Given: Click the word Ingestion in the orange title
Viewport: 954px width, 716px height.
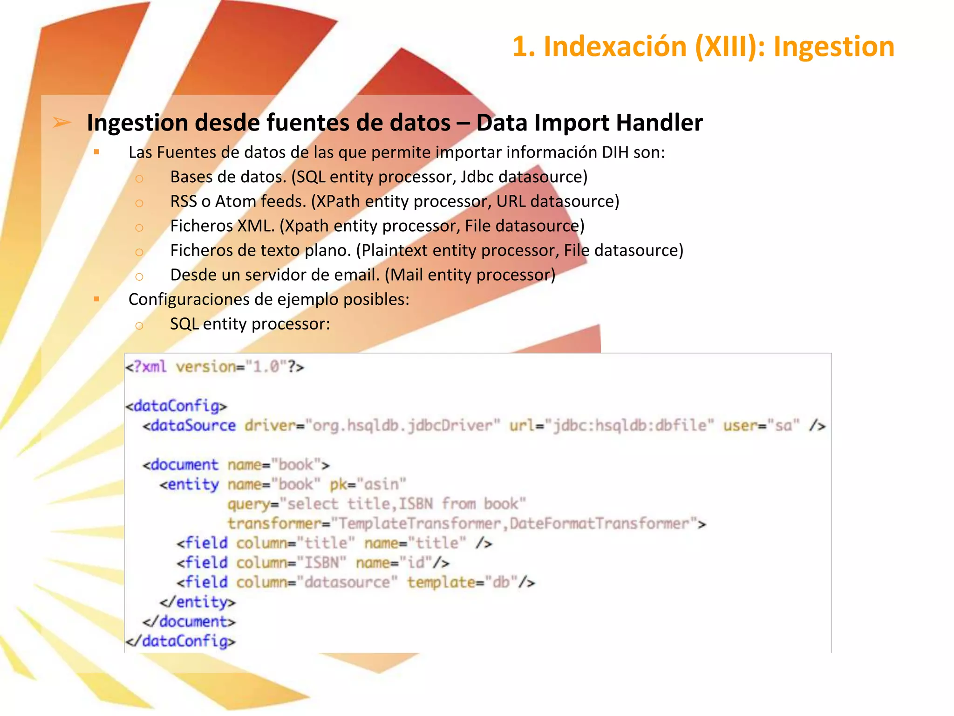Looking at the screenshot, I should [834, 47].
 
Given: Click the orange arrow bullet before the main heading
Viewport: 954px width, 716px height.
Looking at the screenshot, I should [62, 123].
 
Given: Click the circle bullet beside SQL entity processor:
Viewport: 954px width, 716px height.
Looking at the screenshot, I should [139, 325].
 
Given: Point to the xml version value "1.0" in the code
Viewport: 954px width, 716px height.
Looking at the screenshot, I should [266, 367].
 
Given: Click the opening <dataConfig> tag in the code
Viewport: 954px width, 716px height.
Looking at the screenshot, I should [176, 406].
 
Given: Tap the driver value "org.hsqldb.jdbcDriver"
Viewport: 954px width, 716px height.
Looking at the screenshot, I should [402, 426].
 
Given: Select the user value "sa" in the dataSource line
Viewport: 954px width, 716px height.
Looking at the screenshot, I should [784, 426].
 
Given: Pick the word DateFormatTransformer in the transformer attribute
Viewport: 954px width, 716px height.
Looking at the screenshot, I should [600, 523].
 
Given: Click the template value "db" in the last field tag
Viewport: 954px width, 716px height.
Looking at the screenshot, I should [501, 582].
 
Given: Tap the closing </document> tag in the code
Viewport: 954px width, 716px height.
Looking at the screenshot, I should [189, 621].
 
